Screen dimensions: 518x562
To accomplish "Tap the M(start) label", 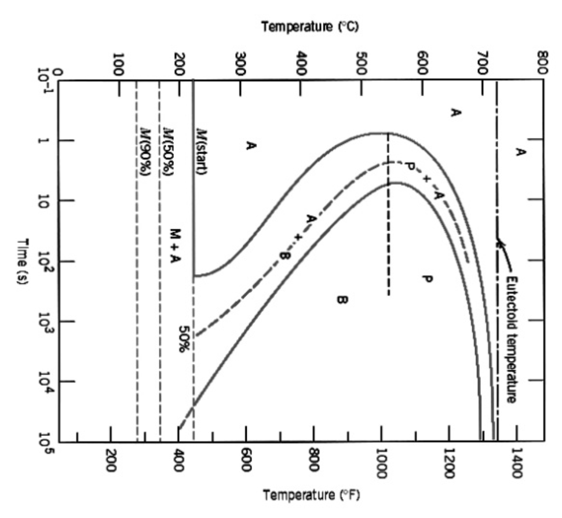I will point(202,151).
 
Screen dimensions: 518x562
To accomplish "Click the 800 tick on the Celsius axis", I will point(542,60).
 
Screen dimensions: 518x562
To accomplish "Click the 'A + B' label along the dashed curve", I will point(297,236).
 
